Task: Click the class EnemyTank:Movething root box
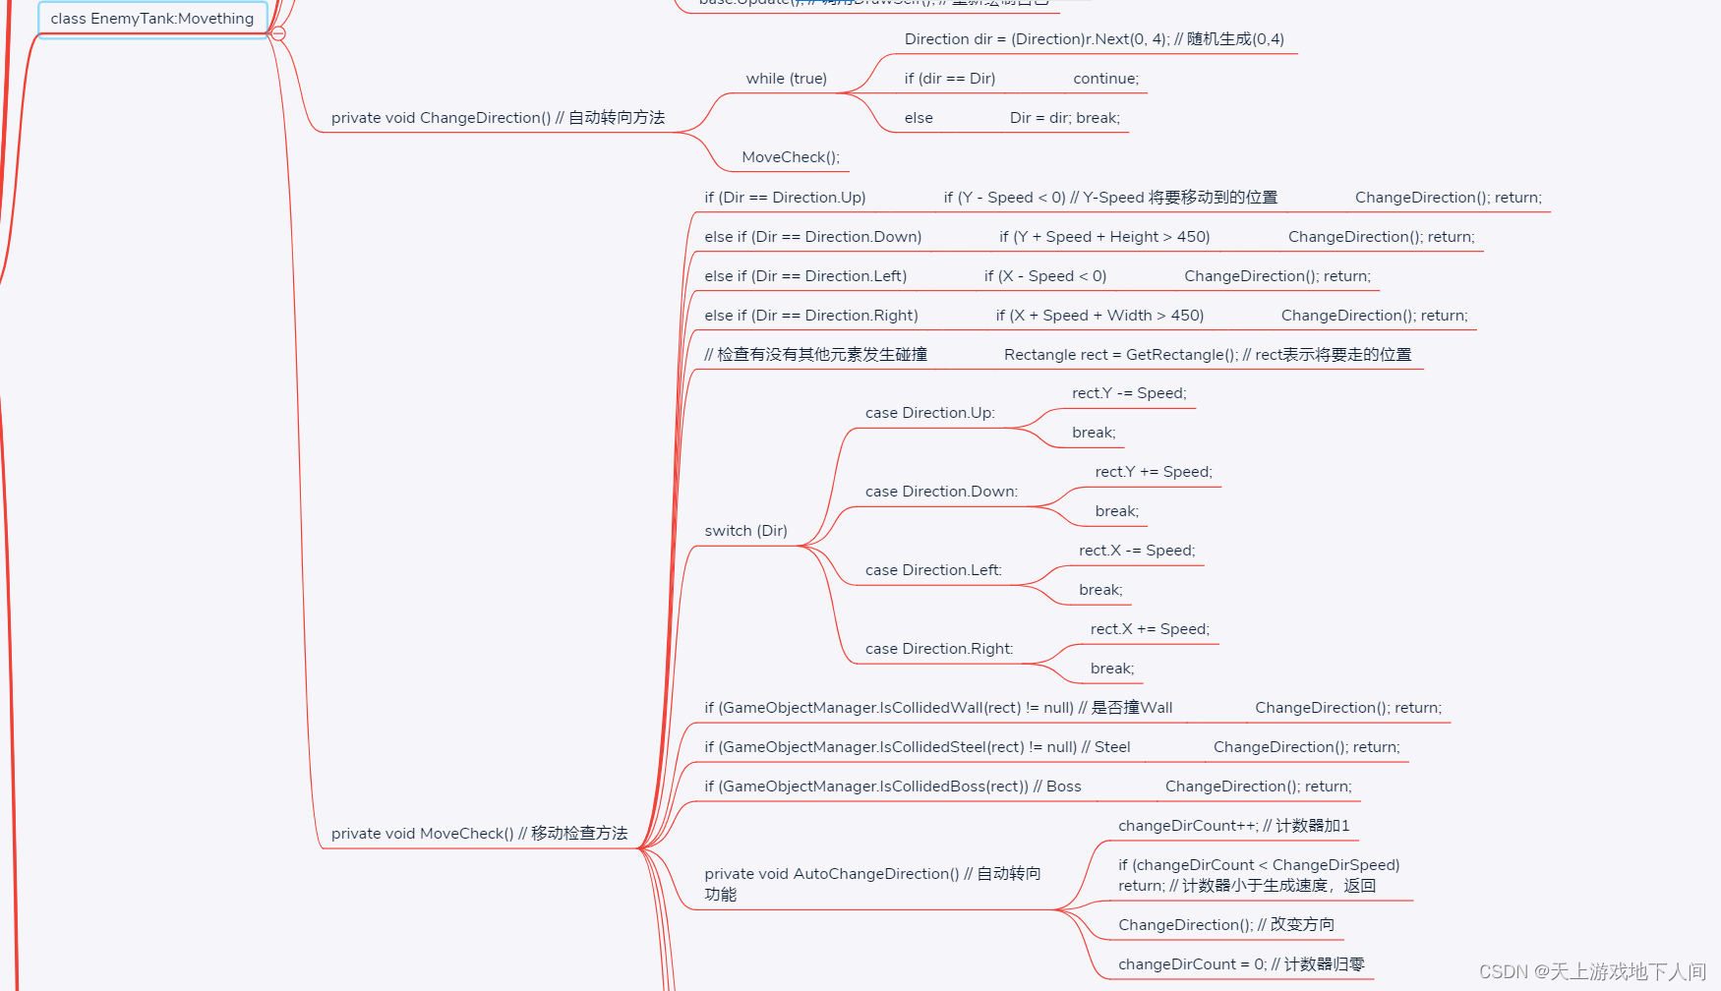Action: [x=152, y=19]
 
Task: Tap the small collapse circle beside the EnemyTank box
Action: [x=278, y=33]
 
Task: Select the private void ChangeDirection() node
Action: [x=498, y=118]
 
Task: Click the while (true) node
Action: [x=786, y=79]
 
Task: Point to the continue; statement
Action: [x=1105, y=79]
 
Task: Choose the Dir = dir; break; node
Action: [x=1064, y=118]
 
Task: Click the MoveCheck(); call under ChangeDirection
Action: [x=790, y=157]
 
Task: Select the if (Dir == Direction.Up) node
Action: [x=785, y=198]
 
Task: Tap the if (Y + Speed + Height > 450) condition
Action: [x=1104, y=237]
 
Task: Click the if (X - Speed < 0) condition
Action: [x=1044, y=276]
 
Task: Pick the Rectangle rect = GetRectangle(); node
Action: [x=1207, y=355]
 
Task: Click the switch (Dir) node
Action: [x=745, y=531]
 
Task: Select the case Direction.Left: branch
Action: [x=933, y=570]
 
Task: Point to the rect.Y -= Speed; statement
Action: [x=1129, y=393]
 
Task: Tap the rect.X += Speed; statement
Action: [x=1150, y=629]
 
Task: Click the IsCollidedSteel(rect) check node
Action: [x=917, y=747]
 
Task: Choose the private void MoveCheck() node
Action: [x=479, y=834]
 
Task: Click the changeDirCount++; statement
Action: [x=1233, y=826]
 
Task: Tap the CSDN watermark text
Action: [x=1592, y=971]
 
